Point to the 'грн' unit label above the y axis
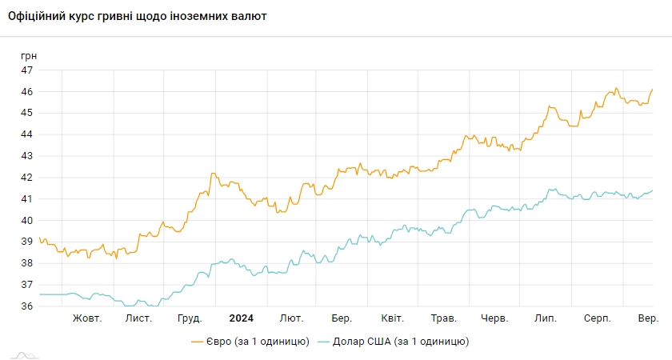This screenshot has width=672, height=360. coord(29,56)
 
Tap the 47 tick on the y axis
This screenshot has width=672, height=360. coord(27,70)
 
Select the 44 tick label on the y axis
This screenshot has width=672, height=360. coord(27,134)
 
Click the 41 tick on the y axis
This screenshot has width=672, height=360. coord(27,199)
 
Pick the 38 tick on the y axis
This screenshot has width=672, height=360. coord(27,263)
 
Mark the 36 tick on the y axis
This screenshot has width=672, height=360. coord(27,306)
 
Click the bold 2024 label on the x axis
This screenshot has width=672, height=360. coord(241,318)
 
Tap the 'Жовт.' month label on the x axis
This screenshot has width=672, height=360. coord(87,318)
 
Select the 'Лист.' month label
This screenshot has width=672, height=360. coord(138,318)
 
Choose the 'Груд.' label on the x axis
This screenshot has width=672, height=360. coord(189,318)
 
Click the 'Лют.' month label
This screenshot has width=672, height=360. coord(291,318)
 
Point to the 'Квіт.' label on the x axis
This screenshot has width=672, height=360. coord(392,318)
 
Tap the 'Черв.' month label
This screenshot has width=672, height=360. coord(494,318)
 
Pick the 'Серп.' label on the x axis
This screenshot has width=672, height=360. coord(597,318)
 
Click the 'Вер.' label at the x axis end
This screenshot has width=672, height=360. coord(648,318)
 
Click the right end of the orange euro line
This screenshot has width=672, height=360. coord(652,90)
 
